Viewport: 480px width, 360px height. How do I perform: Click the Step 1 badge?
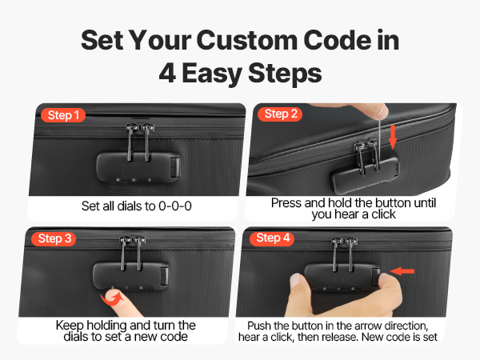(63, 115)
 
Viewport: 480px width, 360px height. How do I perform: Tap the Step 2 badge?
(280, 114)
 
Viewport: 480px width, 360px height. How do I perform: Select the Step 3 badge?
(54, 238)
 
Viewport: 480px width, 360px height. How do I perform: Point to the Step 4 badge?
(272, 238)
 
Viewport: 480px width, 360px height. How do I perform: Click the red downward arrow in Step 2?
(393, 137)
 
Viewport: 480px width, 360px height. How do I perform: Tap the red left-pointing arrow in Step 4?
(402, 271)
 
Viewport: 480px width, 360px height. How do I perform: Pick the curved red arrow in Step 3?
(112, 298)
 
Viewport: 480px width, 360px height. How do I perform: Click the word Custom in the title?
(247, 41)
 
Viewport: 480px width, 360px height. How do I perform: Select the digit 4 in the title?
(167, 73)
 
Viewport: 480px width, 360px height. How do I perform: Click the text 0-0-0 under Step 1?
(175, 206)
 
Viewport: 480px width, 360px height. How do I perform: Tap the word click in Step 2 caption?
(383, 214)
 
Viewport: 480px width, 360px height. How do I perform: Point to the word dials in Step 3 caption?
(77, 337)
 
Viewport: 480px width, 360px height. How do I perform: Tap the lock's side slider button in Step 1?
(175, 167)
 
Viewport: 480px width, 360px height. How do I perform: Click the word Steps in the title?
(285, 74)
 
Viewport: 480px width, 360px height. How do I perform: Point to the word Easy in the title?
(212, 74)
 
